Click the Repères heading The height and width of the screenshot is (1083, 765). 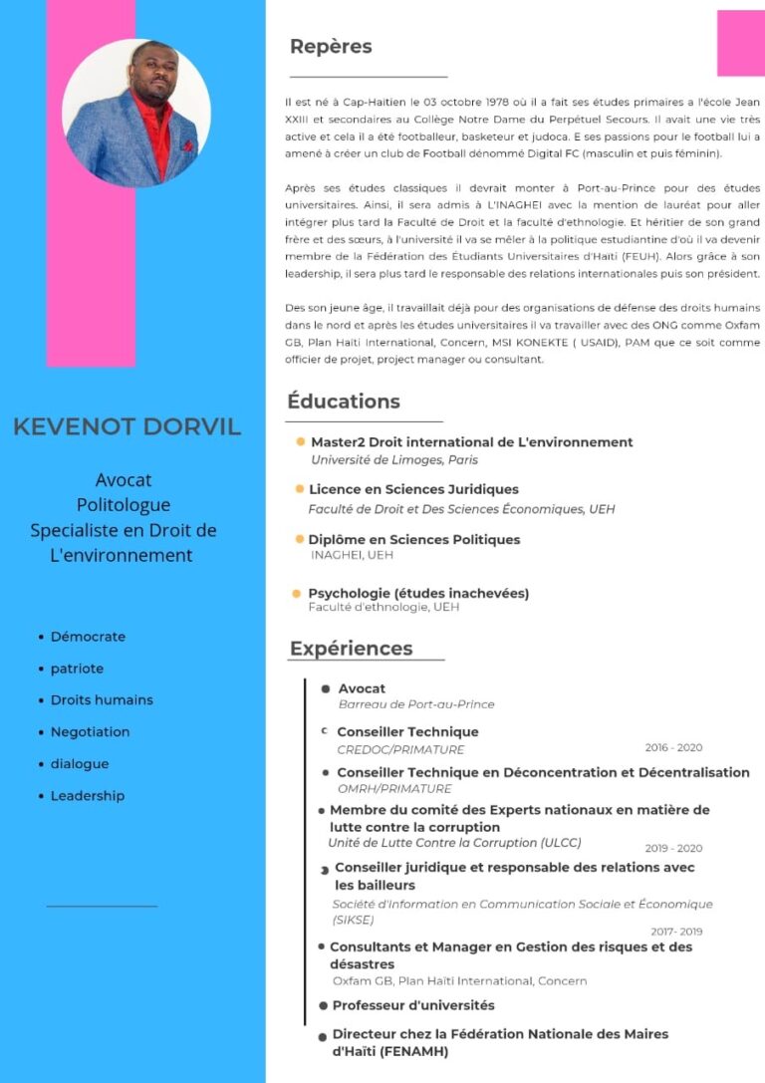330,47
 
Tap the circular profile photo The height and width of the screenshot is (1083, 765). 136,113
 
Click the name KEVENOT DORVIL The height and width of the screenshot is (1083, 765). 127,427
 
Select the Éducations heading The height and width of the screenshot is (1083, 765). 344,402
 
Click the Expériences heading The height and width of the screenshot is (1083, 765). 351,649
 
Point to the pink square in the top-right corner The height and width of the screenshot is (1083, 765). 740,43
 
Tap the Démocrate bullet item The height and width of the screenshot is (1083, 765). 88,637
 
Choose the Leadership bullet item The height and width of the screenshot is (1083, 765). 88,796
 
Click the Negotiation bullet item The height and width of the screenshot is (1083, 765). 90,732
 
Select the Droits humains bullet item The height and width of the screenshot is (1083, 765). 102,700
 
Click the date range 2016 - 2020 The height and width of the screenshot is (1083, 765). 673,747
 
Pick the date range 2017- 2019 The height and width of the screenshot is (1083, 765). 676,932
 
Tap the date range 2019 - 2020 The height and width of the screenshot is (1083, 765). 673,849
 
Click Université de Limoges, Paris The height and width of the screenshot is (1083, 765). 394,460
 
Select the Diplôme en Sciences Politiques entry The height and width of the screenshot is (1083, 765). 414,540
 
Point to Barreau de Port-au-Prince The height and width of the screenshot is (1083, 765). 416,704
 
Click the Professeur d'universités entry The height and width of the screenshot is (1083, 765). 413,1005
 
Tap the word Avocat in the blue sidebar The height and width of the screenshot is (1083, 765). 124,480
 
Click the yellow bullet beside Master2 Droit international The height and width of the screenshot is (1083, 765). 300,441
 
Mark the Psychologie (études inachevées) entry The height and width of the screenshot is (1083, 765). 418,594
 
